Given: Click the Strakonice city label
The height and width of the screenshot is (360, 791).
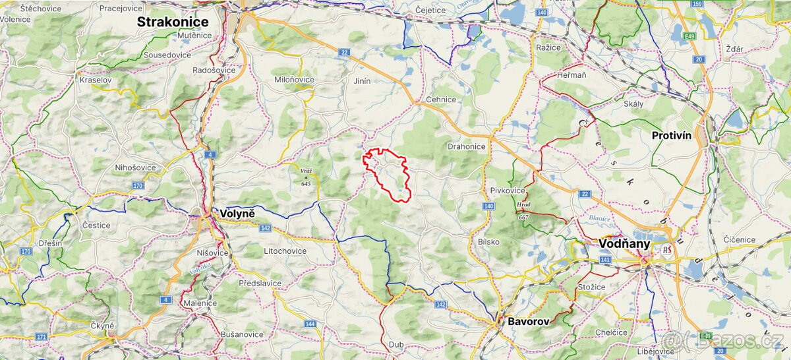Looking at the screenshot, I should tap(173, 22).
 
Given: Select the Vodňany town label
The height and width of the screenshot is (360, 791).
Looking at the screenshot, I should tap(624, 243).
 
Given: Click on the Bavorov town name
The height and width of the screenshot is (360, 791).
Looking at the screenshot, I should tap(527, 322).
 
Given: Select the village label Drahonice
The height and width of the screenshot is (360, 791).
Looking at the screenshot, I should tap(466, 146).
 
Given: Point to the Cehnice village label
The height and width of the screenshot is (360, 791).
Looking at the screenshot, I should tap(440, 100).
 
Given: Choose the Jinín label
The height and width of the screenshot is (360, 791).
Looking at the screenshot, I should tap(363, 81).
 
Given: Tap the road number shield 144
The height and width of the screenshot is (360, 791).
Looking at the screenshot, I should tap(310, 324).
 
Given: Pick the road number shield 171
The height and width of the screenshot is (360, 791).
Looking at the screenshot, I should tap(42, 337).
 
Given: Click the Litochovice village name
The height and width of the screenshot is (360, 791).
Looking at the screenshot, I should tap(285, 251).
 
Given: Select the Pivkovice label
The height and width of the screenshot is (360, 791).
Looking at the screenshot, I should tap(507, 190).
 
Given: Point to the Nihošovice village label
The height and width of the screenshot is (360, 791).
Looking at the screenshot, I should tap(135, 167).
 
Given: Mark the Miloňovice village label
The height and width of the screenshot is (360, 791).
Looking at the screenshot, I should tap(294, 80).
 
